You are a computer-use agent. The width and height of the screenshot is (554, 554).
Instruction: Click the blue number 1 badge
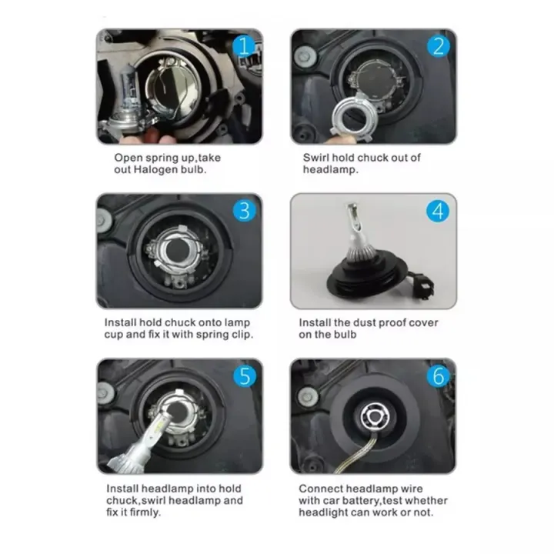point(244,46)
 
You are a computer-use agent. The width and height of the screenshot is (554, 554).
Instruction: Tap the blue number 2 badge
point(439,46)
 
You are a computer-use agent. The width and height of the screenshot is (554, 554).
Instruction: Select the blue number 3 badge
point(244,210)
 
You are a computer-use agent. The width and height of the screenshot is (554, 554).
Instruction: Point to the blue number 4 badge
point(439,210)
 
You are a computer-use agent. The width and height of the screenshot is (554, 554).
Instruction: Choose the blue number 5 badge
point(244,375)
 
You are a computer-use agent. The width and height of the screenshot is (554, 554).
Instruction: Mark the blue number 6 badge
point(439,375)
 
